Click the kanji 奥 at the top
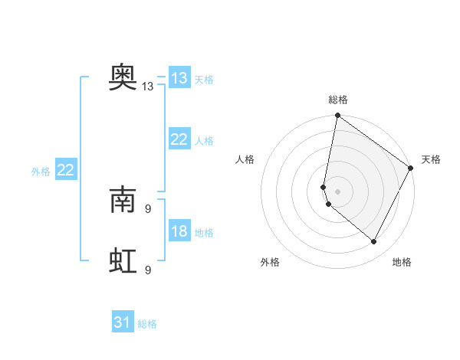pyautogui.click(x=123, y=77)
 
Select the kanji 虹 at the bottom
pyautogui.click(x=123, y=261)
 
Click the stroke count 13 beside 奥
pyautogui.click(x=148, y=87)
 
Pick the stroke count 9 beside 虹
pyautogui.click(x=148, y=270)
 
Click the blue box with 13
pyautogui.click(x=179, y=78)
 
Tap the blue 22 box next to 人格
pyautogui.click(x=179, y=139)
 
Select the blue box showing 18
pyautogui.click(x=179, y=232)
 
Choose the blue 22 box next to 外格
pyautogui.click(x=65, y=170)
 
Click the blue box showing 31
pyautogui.click(x=123, y=322)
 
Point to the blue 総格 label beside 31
pyautogui.click(x=147, y=324)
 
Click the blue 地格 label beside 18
pyautogui.click(x=204, y=233)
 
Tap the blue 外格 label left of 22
pyautogui.click(x=41, y=172)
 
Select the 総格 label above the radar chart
pyautogui.click(x=338, y=100)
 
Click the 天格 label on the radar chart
pyautogui.click(x=431, y=159)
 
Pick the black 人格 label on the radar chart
pyautogui.click(x=245, y=159)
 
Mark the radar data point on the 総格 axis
pyautogui.click(x=337, y=116)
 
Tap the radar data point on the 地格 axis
pyautogui.click(x=374, y=242)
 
